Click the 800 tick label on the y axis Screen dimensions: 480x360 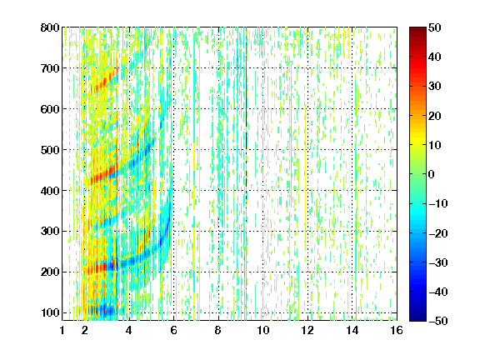tap(50, 27)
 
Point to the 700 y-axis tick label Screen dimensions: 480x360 tap(50, 68)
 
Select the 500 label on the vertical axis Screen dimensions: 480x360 tap(50, 150)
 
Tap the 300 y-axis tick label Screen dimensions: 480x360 tap(50, 232)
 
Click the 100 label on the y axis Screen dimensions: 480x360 tap(50, 312)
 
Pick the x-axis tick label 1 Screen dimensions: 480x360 tap(62, 330)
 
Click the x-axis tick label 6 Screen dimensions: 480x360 tap(174, 330)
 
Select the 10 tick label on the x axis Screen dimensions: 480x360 tap(263, 330)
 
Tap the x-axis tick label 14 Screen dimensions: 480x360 tap(352, 330)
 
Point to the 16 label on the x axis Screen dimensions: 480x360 tap(397, 330)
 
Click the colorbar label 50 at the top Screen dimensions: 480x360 tap(434, 27)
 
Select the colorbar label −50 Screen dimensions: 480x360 tap(438, 321)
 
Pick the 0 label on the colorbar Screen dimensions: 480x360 tap(432, 174)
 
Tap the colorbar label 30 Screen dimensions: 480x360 tap(434, 87)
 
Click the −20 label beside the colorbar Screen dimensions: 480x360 tap(438, 233)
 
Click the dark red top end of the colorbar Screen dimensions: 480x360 tap(417, 29)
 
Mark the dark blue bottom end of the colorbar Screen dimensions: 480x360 tap(417, 319)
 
